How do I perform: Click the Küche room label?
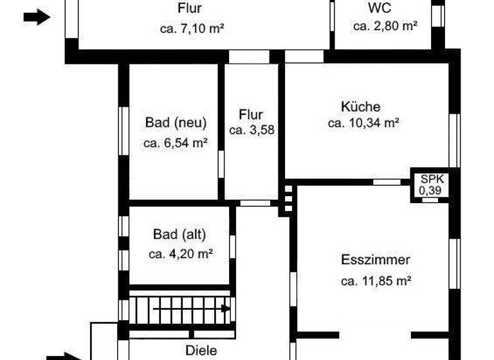(x=361, y=107)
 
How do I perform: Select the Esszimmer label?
(x=376, y=260)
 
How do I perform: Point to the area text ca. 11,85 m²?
(x=376, y=280)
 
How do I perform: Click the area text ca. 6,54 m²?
(x=175, y=143)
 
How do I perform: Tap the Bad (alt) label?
(x=180, y=234)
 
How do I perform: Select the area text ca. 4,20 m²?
(x=181, y=254)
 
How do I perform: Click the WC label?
(x=380, y=8)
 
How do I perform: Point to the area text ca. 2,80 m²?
(x=385, y=26)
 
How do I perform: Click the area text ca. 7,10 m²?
(x=191, y=28)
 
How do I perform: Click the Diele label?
(x=201, y=351)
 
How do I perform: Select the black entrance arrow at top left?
(x=37, y=17)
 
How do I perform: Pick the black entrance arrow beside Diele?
(x=64, y=355)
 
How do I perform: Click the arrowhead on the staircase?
(x=226, y=308)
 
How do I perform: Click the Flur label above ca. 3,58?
(x=251, y=115)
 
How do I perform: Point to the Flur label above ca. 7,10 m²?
(x=190, y=9)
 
